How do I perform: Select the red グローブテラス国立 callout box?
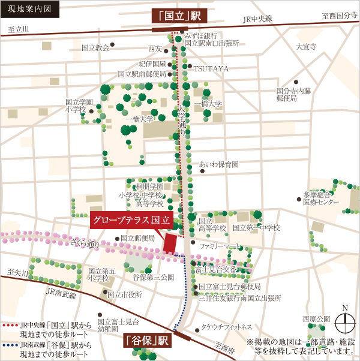tap(132, 220)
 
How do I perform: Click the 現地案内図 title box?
tap(30, 10)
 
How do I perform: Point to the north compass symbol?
tap(344, 323)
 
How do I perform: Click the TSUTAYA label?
tap(211, 69)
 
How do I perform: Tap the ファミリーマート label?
tap(220, 246)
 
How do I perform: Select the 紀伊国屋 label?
tap(152, 63)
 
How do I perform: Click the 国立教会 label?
tap(95, 47)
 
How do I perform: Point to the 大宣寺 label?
tap(305, 47)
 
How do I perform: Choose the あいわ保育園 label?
tap(219, 164)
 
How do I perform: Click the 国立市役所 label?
tap(124, 294)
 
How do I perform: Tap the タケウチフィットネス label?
tap(227, 327)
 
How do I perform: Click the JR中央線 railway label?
tap(257, 19)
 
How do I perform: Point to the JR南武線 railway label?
tap(61, 295)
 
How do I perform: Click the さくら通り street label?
tap(85, 243)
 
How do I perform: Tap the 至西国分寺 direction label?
tap(340, 15)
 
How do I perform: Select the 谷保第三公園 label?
tap(153, 278)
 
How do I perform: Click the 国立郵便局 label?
tap(138, 238)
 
